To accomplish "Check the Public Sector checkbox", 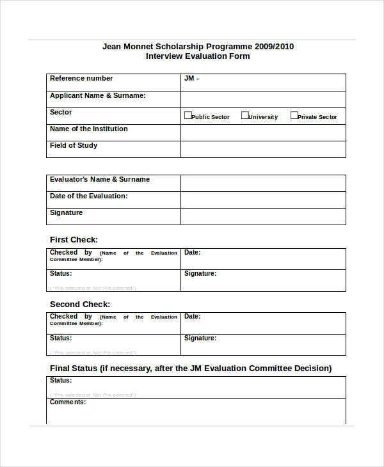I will click(x=188, y=116).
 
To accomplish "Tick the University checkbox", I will click(x=244, y=116).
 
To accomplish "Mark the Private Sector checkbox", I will click(x=294, y=116).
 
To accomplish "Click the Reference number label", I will click(x=81, y=79).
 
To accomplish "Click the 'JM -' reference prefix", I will click(x=191, y=79).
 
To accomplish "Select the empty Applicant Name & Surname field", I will click(x=263, y=99).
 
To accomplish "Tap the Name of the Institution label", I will click(x=88, y=129).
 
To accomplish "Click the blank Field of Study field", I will click(x=263, y=149).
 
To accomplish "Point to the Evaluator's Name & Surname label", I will click(x=100, y=180).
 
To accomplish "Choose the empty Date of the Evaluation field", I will click(x=263, y=200).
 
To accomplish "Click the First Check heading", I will click(x=74, y=240).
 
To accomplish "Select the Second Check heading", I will click(x=80, y=305).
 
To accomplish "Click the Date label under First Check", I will click(x=192, y=253).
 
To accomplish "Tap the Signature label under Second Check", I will click(x=200, y=338).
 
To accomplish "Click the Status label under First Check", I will click(x=61, y=274).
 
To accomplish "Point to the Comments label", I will click(x=68, y=402).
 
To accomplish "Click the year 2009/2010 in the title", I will click(x=274, y=47).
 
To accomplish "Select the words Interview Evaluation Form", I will click(x=198, y=56).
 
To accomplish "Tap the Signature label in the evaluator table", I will click(x=66, y=213).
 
